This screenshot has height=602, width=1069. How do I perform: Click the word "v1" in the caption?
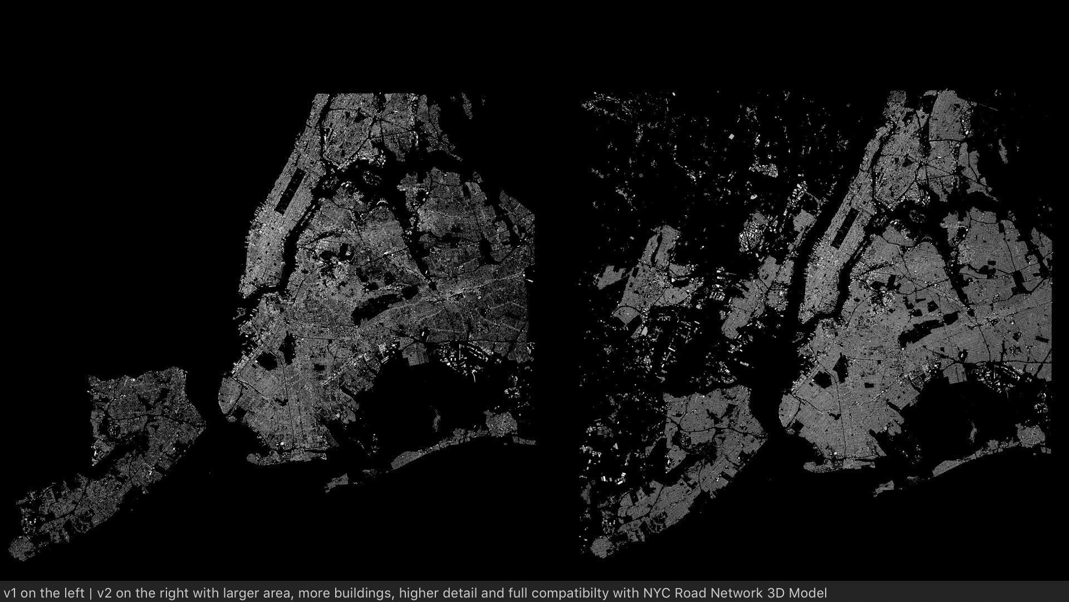click(x=10, y=592)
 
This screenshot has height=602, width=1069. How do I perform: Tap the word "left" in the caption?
click(x=71, y=592)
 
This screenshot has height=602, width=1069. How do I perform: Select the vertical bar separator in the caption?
click(x=91, y=592)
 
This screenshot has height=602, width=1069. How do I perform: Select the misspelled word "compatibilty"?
click(x=577, y=592)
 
